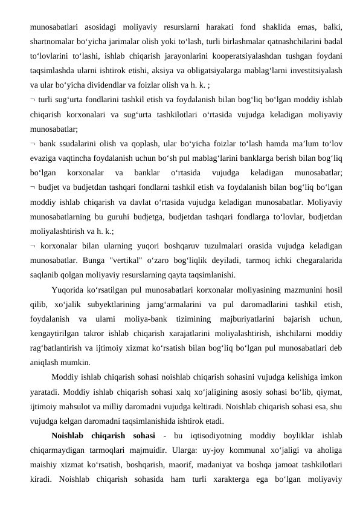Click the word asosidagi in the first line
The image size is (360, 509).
(97, 27)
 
